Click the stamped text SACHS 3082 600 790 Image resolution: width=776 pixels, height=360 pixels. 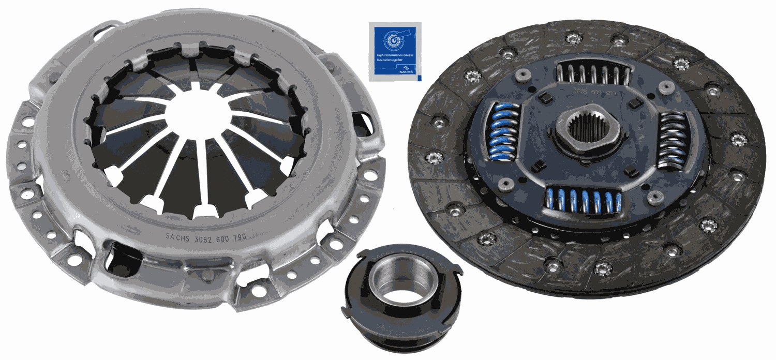point(205,236)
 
